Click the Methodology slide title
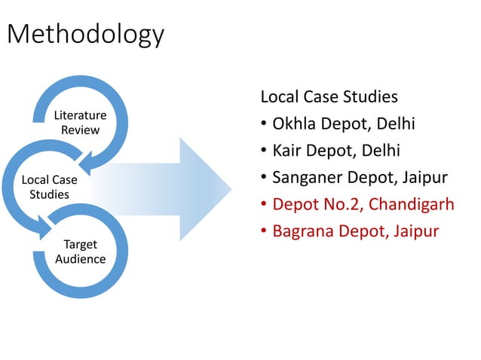84,34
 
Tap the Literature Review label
80,123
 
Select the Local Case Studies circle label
49,187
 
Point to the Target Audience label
80,252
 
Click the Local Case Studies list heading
329,97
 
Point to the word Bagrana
302,231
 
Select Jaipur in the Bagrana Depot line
415,231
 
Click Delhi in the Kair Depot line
387,151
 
